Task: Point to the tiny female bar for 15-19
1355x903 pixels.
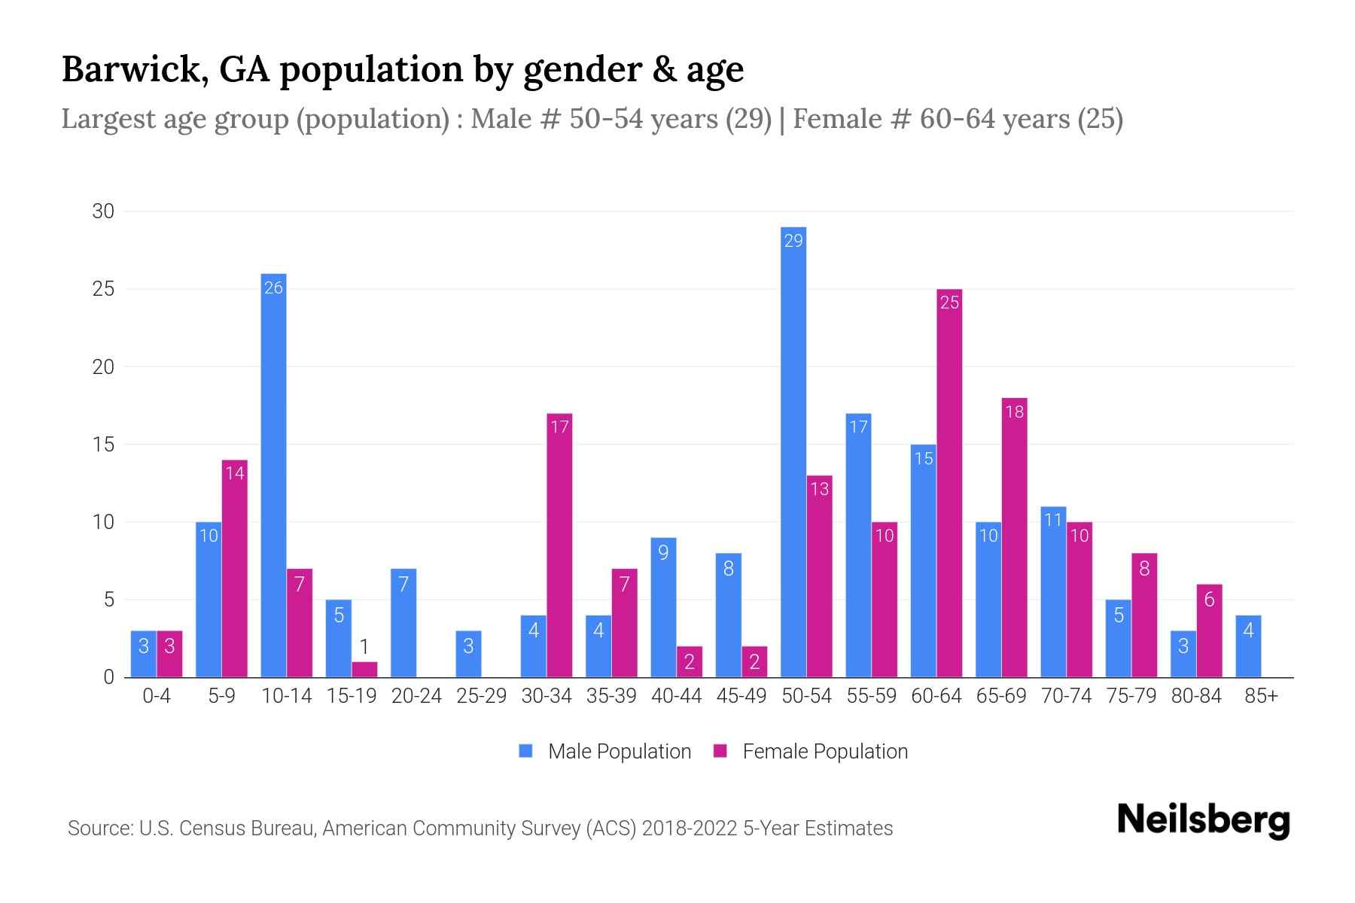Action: click(x=364, y=670)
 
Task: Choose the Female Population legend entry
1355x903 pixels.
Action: click(x=811, y=752)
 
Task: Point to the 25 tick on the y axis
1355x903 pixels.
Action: click(x=103, y=289)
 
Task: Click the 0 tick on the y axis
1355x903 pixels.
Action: click(x=108, y=677)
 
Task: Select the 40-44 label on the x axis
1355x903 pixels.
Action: click(x=676, y=696)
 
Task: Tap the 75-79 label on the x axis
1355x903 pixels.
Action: click(x=1131, y=696)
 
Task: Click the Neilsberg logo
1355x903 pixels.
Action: click(x=1203, y=820)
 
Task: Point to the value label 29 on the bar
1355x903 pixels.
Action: click(x=793, y=241)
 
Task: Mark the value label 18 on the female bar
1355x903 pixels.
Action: click(x=1014, y=412)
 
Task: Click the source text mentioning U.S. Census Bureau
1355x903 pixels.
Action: click(x=480, y=829)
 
